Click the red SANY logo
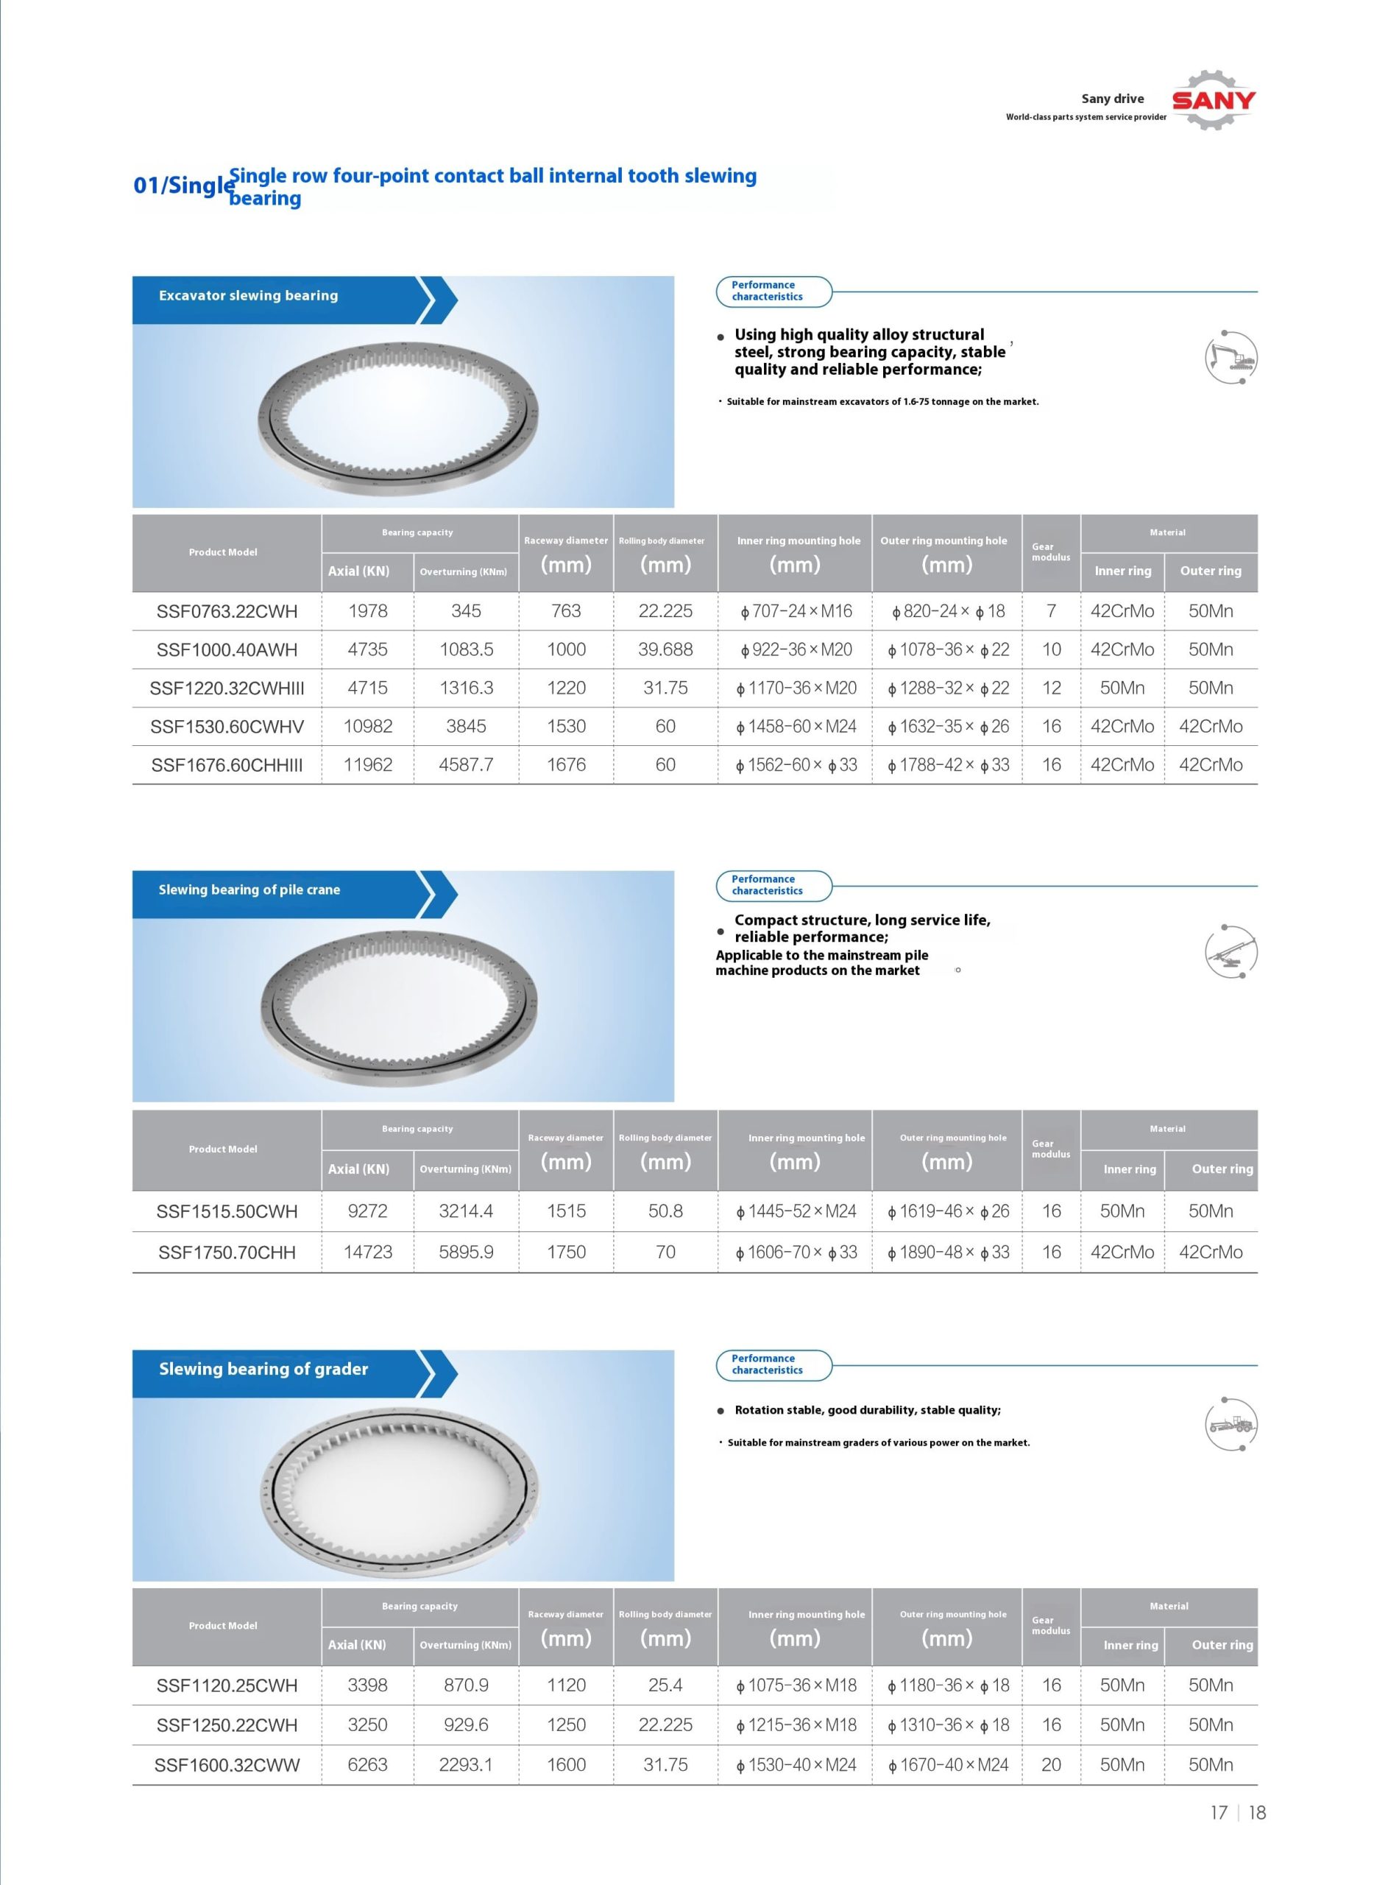tap(1214, 101)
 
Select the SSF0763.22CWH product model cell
tap(227, 612)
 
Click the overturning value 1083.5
tap(467, 649)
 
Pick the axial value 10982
tap(368, 726)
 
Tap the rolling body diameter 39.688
tap(665, 649)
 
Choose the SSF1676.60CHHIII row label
tap(227, 765)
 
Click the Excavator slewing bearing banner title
tap(249, 296)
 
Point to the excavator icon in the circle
tap(1231, 358)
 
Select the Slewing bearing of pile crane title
tap(249, 890)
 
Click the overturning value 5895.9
tap(467, 1252)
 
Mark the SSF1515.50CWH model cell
tap(227, 1211)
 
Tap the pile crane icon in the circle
tap(1231, 952)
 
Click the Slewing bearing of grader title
tap(263, 1369)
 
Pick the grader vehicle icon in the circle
tap(1231, 1426)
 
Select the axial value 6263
tap(368, 1765)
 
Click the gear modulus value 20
tap(1051, 1765)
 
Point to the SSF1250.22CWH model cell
tap(227, 1725)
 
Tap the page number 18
tap(1257, 1813)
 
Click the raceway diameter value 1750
tap(566, 1252)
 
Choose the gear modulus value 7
tap(1051, 612)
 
